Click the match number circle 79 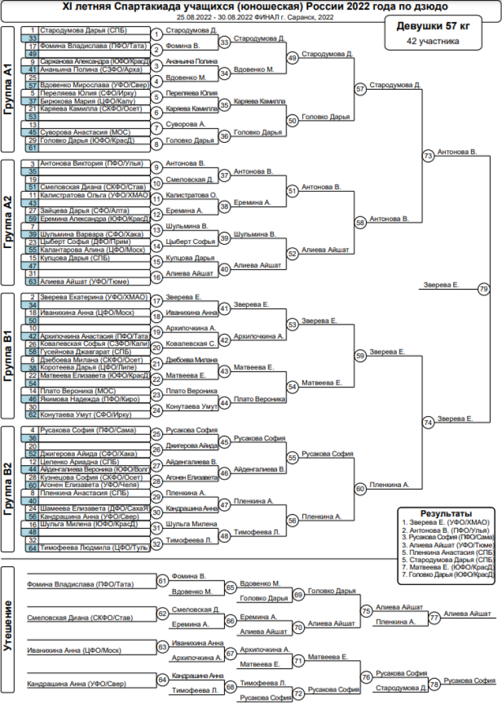coord(484,289)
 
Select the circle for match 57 coord(361,88)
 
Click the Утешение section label coord(8,630)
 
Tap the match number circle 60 coord(361,489)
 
